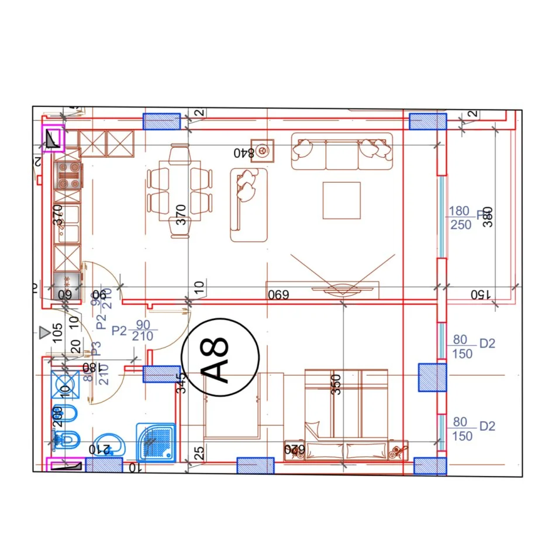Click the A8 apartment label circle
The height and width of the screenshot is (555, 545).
pyautogui.click(x=219, y=357)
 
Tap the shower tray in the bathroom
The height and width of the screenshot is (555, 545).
pyautogui.click(x=156, y=442)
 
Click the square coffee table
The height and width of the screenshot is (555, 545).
pyautogui.click(x=342, y=200)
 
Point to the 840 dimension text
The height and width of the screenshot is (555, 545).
pyautogui.click(x=243, y=152)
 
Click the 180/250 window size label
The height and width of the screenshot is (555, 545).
pyautogui.click(x=460, y=218)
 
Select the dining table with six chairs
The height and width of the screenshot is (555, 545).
pyautogui.click(x=180, y=191)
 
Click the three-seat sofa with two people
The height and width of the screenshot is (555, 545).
pyautogui.click(x=342, y=151)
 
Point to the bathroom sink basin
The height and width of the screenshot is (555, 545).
pyautogui.click(x=109, y=446)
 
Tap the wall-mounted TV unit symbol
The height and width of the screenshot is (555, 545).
pyautogui.click(x=344, y=289)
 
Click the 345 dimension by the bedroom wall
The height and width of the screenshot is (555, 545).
pyautogui.click(x=182, y=383)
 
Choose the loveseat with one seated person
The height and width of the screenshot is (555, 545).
pyautogui.click(x=248, y=204)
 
